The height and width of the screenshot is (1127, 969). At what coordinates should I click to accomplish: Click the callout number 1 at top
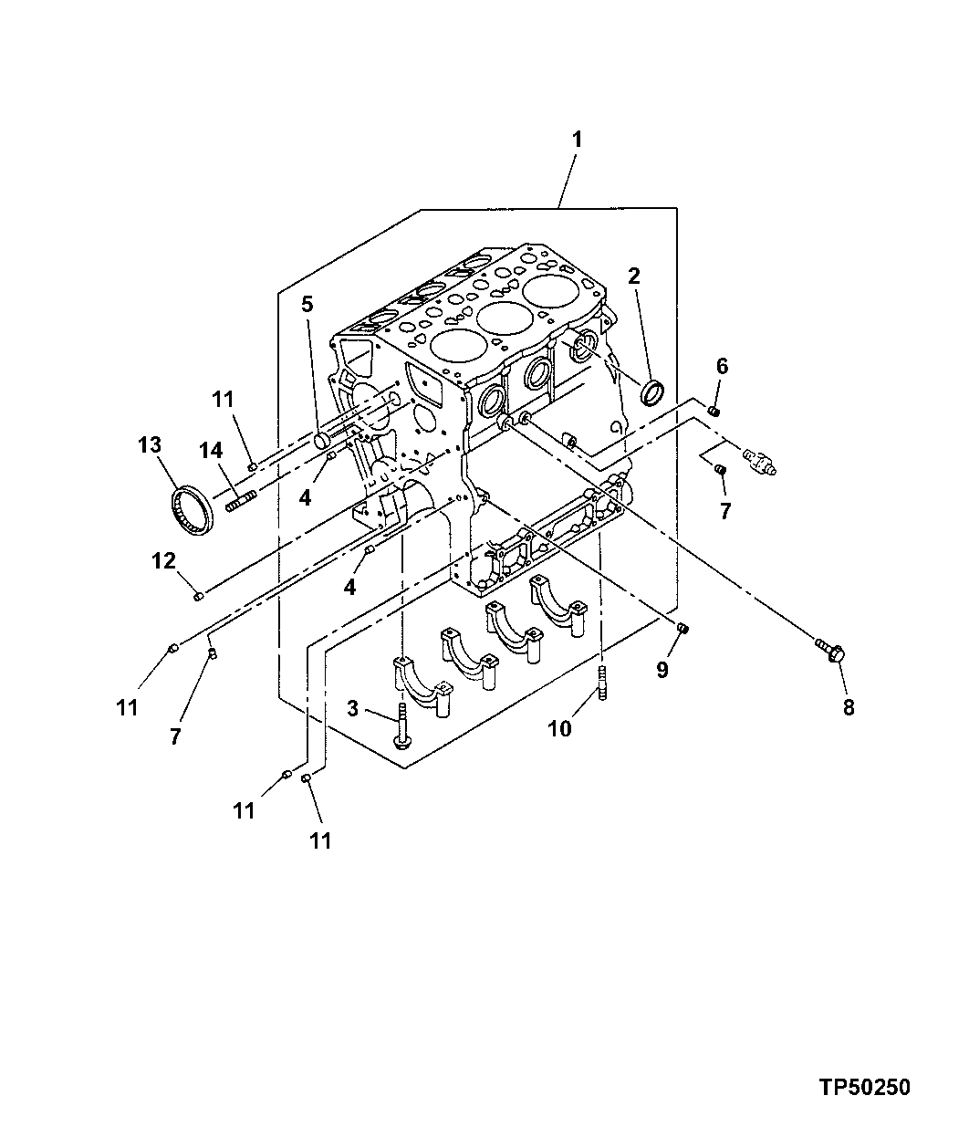[x=577, y=140]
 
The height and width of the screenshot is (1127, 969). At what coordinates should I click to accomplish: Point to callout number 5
[x=307, y=304]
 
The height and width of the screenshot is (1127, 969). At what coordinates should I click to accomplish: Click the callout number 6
[x=722, y=367]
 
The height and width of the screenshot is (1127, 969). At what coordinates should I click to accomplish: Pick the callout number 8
[x=849, y=706]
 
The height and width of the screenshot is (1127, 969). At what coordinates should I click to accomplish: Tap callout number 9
[x=662, y=670]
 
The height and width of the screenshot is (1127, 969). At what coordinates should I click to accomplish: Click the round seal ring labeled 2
[x=652, y=391]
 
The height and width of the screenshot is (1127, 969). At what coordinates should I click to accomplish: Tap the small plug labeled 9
[x=682, y=628]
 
